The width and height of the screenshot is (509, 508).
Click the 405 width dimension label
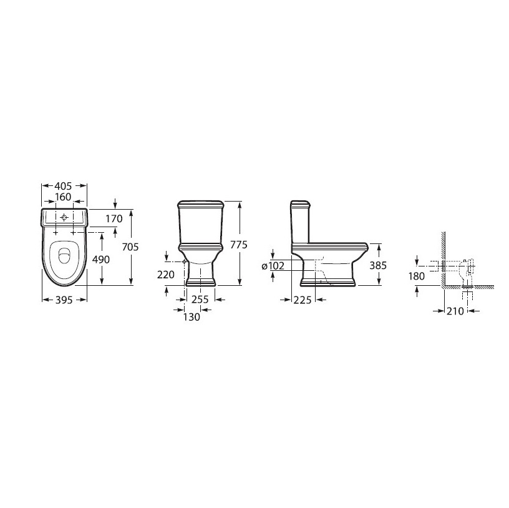point(62,186)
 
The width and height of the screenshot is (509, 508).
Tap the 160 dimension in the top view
point(63,197)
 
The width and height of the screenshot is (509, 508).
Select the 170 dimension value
point(114,218)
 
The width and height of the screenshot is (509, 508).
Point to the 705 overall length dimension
point(130,247)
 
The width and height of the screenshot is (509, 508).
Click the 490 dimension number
point(101,259)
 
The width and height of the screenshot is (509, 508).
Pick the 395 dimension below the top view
point(64,300)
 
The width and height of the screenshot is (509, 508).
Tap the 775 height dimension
point(238,244)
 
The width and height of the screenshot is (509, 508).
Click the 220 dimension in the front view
point(166,275)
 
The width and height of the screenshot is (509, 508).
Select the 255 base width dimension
point(200,299)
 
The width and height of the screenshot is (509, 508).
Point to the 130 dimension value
point(191,316)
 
